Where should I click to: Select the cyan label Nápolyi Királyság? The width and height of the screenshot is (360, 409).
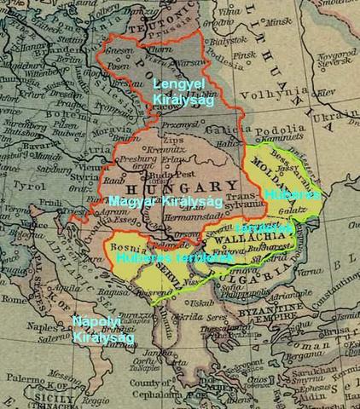(96, 329)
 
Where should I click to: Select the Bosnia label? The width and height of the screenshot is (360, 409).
(126, 246)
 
